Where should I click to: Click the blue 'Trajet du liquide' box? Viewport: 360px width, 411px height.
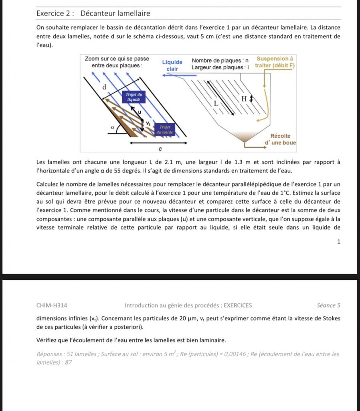coord(134,96)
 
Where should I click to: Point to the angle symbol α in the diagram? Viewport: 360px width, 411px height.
coord(112,126)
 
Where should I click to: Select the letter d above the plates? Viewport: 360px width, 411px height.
coord(105,87)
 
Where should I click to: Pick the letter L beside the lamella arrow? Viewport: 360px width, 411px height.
coord(216,103)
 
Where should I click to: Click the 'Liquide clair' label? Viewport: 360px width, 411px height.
coord(172,65)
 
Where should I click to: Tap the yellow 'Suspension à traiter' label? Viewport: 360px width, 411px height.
coord(275,62)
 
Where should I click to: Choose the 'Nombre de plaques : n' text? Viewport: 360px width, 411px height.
coord(220,60)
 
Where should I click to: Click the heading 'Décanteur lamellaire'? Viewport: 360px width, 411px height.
coord(115,13)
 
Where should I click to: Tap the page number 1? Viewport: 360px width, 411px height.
coord(339,242)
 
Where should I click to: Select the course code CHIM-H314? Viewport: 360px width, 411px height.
coord(52,305)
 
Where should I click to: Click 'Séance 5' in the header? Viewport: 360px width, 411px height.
coord(328,305)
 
